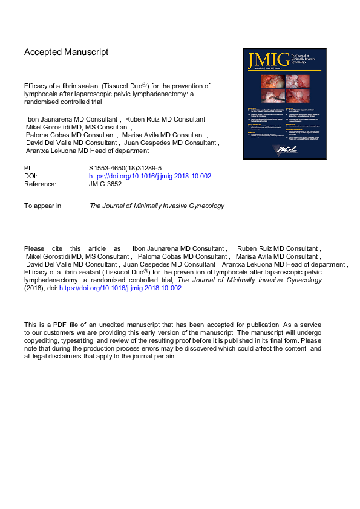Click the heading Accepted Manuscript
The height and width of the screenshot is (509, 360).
(x=67, y=53)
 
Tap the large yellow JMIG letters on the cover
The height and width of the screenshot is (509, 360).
(x=266, y=59)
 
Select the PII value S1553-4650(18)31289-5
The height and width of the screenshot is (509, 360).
(x=124, y=168)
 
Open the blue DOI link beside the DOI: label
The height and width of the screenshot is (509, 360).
(x=149, y=176)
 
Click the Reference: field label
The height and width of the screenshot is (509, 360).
(x=40, y=184)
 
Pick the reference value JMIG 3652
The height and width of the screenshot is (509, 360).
(x=105, y=184)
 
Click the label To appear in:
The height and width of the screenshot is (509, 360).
(x=44, y=206)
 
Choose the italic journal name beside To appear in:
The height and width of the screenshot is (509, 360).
(x=157, y=206)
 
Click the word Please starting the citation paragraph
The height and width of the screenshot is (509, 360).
(x=34, y=248)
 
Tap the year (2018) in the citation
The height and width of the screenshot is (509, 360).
(x=34, y=288)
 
